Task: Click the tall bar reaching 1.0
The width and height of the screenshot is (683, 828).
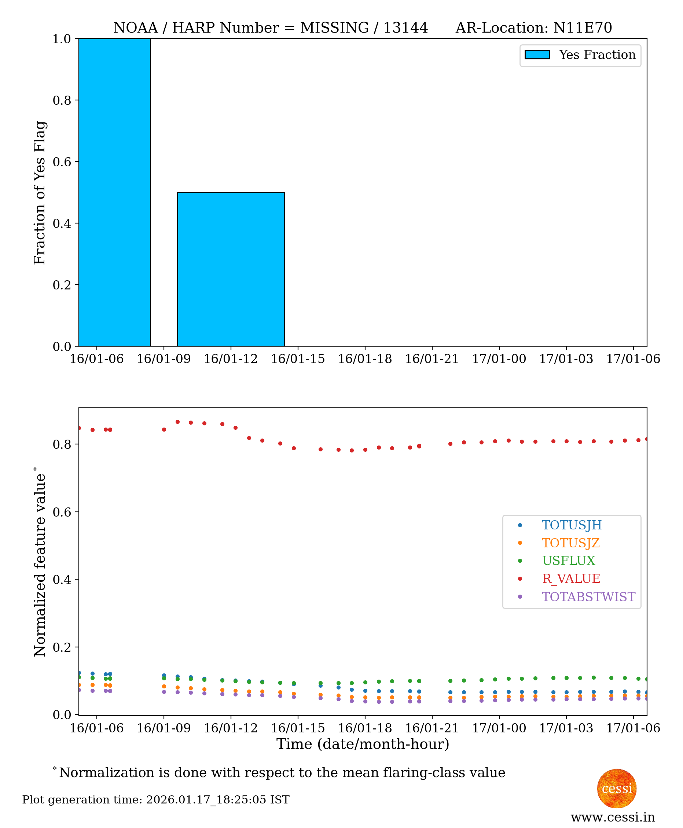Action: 114,192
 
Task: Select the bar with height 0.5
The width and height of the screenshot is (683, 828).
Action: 231,269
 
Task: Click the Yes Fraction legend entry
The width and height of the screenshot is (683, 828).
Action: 580,55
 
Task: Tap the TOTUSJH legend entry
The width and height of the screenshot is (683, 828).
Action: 571,525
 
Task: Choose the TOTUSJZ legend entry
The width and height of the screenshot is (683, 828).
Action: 570,543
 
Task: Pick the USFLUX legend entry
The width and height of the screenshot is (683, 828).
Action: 568,561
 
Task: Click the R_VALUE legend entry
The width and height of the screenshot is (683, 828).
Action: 570,579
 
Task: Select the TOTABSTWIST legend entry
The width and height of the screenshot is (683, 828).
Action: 588,597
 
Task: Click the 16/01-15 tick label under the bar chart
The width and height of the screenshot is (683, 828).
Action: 298,359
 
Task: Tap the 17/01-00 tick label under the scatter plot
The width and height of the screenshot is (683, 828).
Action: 499,728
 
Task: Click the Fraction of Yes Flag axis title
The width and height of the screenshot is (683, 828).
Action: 40,193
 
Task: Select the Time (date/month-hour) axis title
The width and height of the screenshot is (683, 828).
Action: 363,744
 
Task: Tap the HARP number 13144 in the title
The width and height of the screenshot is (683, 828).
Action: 405,28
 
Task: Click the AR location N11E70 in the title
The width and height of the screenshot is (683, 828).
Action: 582,28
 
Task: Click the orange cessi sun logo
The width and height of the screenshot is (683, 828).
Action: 617,788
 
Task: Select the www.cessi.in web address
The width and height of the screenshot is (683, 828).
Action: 613,817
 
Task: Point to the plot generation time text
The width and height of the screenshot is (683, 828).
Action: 156,800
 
